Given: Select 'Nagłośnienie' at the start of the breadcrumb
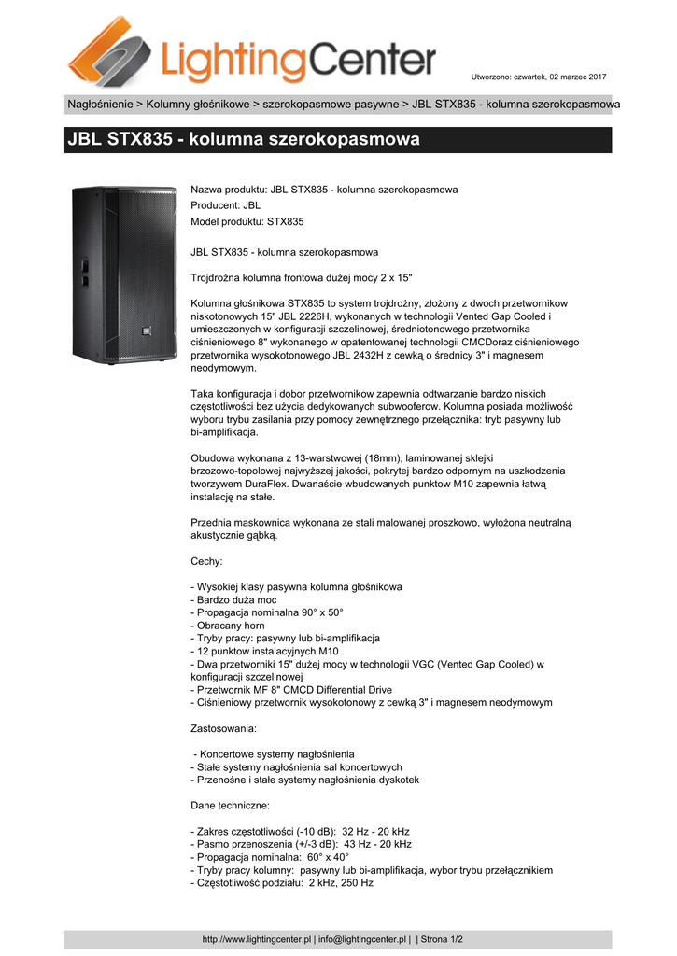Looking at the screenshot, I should point(99,104).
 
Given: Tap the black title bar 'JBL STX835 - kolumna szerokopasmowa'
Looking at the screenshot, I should point(338,140).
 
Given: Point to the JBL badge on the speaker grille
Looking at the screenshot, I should point(147,327).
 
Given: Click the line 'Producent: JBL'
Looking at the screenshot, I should point(226,205).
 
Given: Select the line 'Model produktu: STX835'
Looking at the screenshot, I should point(247,221).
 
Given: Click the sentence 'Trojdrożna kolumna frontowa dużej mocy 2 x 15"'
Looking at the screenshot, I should point(301,278).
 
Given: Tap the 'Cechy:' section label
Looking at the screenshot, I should point(206,561).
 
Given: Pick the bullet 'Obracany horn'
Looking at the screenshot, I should point(228,626).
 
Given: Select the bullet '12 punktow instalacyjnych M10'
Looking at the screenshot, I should point(263,651).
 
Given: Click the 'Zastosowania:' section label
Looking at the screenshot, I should point(224,727).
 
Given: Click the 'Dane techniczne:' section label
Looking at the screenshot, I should point(231,805).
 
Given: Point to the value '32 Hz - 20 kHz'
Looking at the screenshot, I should point(376,831).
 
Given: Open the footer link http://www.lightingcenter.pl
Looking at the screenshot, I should point(257,939).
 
